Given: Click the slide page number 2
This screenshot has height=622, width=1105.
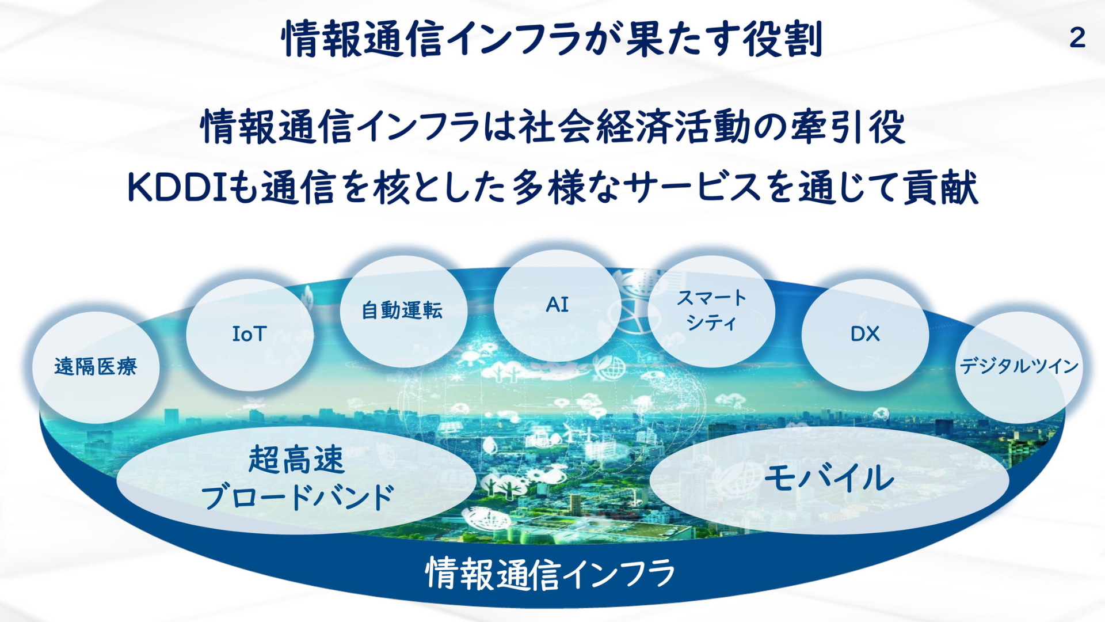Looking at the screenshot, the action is (1077, 38).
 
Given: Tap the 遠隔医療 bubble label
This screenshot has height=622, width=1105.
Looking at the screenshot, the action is (96, 366).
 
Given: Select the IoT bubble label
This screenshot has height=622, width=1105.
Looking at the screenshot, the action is (249, 333).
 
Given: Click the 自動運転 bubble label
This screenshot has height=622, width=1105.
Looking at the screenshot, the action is (402, 310).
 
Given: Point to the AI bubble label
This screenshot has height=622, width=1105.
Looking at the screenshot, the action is (557, 304).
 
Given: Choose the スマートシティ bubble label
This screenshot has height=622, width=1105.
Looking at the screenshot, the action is (711, 310).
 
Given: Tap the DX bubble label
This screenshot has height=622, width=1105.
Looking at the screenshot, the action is (865, 333).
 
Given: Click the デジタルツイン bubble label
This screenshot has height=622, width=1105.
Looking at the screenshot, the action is (1019, 366).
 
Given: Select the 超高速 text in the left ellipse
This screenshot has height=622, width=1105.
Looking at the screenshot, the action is (296, 460).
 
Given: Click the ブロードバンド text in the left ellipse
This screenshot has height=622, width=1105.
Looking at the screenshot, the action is (298, 497).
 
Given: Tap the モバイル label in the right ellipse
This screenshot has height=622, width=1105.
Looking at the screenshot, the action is (829, 477).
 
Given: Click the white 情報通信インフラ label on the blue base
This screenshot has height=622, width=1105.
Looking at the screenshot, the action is (550, 574).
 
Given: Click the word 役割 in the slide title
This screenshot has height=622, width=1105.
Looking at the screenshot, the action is (783, 39).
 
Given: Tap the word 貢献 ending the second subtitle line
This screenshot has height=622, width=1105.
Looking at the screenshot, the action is (940, 188).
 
